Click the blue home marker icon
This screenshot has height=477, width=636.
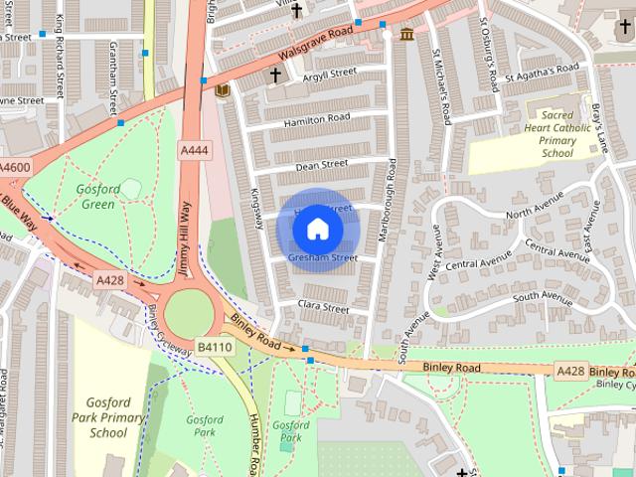click(x=317, y=229)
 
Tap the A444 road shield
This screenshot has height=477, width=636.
click(x=195, y=150)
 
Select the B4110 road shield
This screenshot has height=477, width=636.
click(x=214, y=347)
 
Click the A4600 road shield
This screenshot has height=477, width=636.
click(x=14, y=167)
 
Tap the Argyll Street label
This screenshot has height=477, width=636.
click(x=329, y=73)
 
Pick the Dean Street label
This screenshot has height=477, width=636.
click(x=321, y=165)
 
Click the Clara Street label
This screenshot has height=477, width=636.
click(x=324, y=308)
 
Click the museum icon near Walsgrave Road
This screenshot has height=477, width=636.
click(x=407, y=36)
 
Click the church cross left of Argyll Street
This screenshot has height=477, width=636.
click(x=275, y=75)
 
